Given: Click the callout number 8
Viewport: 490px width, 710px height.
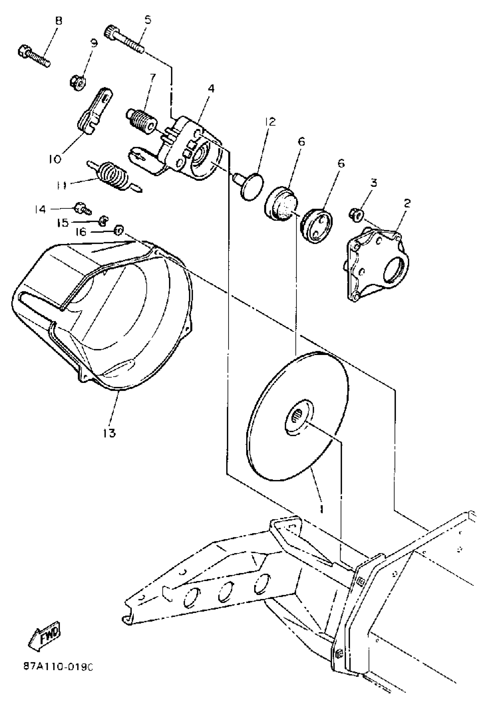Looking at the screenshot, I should (x=58, y=21).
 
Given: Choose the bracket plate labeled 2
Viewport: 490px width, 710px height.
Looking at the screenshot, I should (x=378, y=262).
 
